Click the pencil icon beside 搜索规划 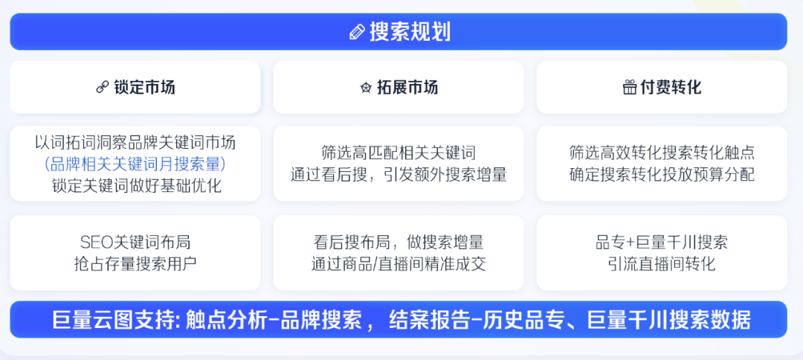coord(357,32)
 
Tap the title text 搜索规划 coord(410,32)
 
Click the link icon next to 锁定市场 coord(102,88)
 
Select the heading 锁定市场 coord(145,88)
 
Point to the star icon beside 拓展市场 coord(366,88)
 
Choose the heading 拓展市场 coord(407,88)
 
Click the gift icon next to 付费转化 coord(629,88)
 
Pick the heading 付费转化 coord(671,88)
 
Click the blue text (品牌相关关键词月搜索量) coord(135,164)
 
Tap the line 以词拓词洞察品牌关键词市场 coord(135,142)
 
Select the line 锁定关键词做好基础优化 coord(135,185)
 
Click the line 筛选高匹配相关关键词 coord(399,153)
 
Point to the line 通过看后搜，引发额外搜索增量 coord(399,175)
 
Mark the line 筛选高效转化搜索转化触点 coord(662,153)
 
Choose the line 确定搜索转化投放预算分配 coord(662,175)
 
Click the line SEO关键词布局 coord(135,242)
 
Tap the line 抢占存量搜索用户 coord(135,263)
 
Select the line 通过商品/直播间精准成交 coord(399,263)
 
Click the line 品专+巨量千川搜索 coord(662,242)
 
